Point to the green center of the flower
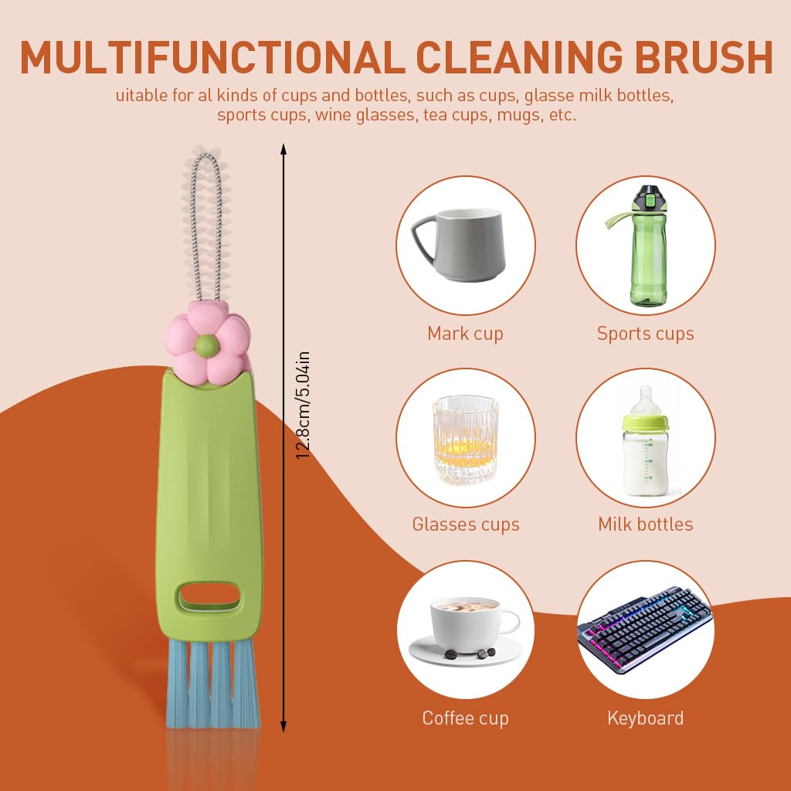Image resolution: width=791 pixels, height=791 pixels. click(207, 344)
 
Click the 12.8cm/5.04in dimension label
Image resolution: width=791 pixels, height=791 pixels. click(304, 406)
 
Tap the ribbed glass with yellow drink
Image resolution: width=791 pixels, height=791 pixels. click(465, 438)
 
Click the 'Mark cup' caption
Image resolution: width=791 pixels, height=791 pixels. click(465, 334)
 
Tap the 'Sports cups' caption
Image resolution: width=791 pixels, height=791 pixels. click(645, 334)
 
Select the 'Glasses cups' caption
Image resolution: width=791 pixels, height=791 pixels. click(465, 525)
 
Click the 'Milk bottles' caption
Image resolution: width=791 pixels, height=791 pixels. click(645, 525)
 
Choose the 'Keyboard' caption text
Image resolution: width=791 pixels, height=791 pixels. click(645, 718)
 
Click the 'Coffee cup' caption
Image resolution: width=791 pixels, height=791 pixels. click(465, 718)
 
